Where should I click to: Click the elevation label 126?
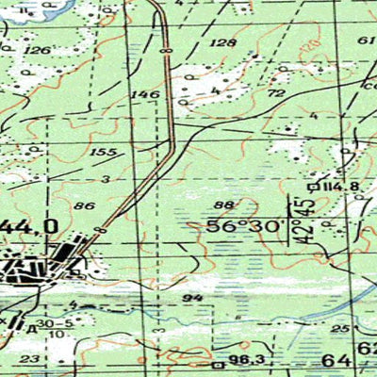[37, 49]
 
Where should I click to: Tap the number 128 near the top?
[223, 43]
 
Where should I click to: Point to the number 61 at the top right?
[367, 41]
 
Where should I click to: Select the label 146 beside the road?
[145, 94]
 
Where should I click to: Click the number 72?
[276, 94]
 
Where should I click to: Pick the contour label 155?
[104, 152]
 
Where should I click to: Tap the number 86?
[84, 205]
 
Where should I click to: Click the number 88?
[223, 205]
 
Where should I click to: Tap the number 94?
[193, 298]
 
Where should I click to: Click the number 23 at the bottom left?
[32, 359]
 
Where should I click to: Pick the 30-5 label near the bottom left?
[58, 322]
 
